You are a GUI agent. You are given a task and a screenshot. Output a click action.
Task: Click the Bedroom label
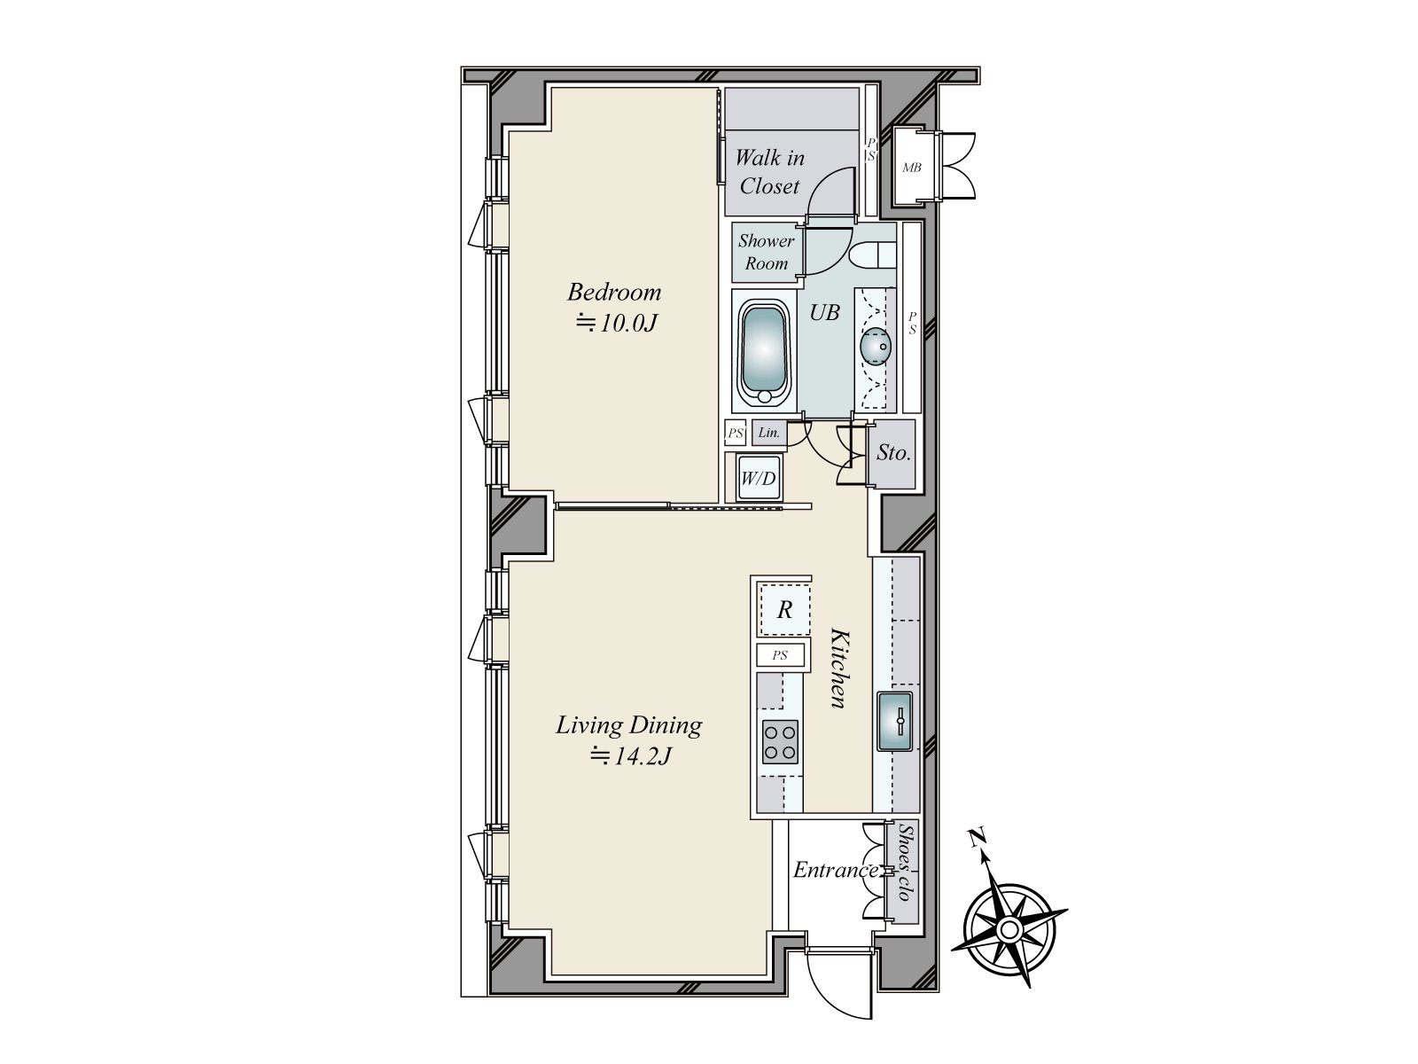click(x=614, y=292)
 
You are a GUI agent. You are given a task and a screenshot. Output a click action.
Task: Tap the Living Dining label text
click(x=628, y=725)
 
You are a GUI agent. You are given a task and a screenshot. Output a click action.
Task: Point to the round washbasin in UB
click(x=876, y=346)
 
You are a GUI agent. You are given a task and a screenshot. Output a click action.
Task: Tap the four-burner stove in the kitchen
click(x=779, y=741)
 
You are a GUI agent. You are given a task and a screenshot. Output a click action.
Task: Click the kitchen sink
click(x=898, y=722)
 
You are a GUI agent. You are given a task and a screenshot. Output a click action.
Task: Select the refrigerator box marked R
click(x=784, y=610)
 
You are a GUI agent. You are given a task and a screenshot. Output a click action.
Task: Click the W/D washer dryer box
click(x=758, y=480)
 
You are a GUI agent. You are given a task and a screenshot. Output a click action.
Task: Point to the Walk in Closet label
click(x=769, y=172)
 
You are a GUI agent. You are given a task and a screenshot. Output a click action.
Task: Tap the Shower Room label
click(x=767, y=252)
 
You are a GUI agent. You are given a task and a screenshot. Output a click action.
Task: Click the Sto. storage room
click(x=893, y=453)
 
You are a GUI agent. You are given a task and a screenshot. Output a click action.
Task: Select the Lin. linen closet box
click(x=769, y=433)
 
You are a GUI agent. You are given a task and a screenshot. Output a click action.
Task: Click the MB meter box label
click(x=911, y=167)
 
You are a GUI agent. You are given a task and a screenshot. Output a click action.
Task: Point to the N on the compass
click(x=977, y=836)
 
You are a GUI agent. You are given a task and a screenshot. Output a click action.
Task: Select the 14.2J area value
click(x=632, y=756)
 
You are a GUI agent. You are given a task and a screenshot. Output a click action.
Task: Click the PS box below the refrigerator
click(x=780, y=656)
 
